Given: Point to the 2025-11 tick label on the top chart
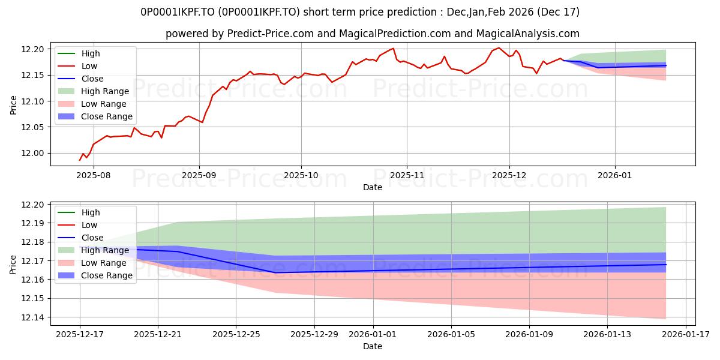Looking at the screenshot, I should pos(407,175).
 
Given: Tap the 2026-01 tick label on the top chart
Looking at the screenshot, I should pos(615,175).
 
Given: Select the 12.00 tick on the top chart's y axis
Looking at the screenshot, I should pos(34,154).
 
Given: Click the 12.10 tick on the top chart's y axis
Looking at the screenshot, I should pos(34,101).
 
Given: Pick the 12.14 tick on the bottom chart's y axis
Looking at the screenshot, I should pos(34,317).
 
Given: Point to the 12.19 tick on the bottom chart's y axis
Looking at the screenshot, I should pos(34,223).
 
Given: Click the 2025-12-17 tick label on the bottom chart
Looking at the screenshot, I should pos(80,334).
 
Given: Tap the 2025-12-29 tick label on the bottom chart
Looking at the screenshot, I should pos(314,334).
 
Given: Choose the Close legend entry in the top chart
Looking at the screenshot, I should pos(92,79).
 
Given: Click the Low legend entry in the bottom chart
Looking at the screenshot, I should pos(89,225).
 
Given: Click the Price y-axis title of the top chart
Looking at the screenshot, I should pos(13,105).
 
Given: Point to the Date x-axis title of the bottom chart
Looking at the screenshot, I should pos(373,346).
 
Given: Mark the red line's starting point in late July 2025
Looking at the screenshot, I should pos(80,160).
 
